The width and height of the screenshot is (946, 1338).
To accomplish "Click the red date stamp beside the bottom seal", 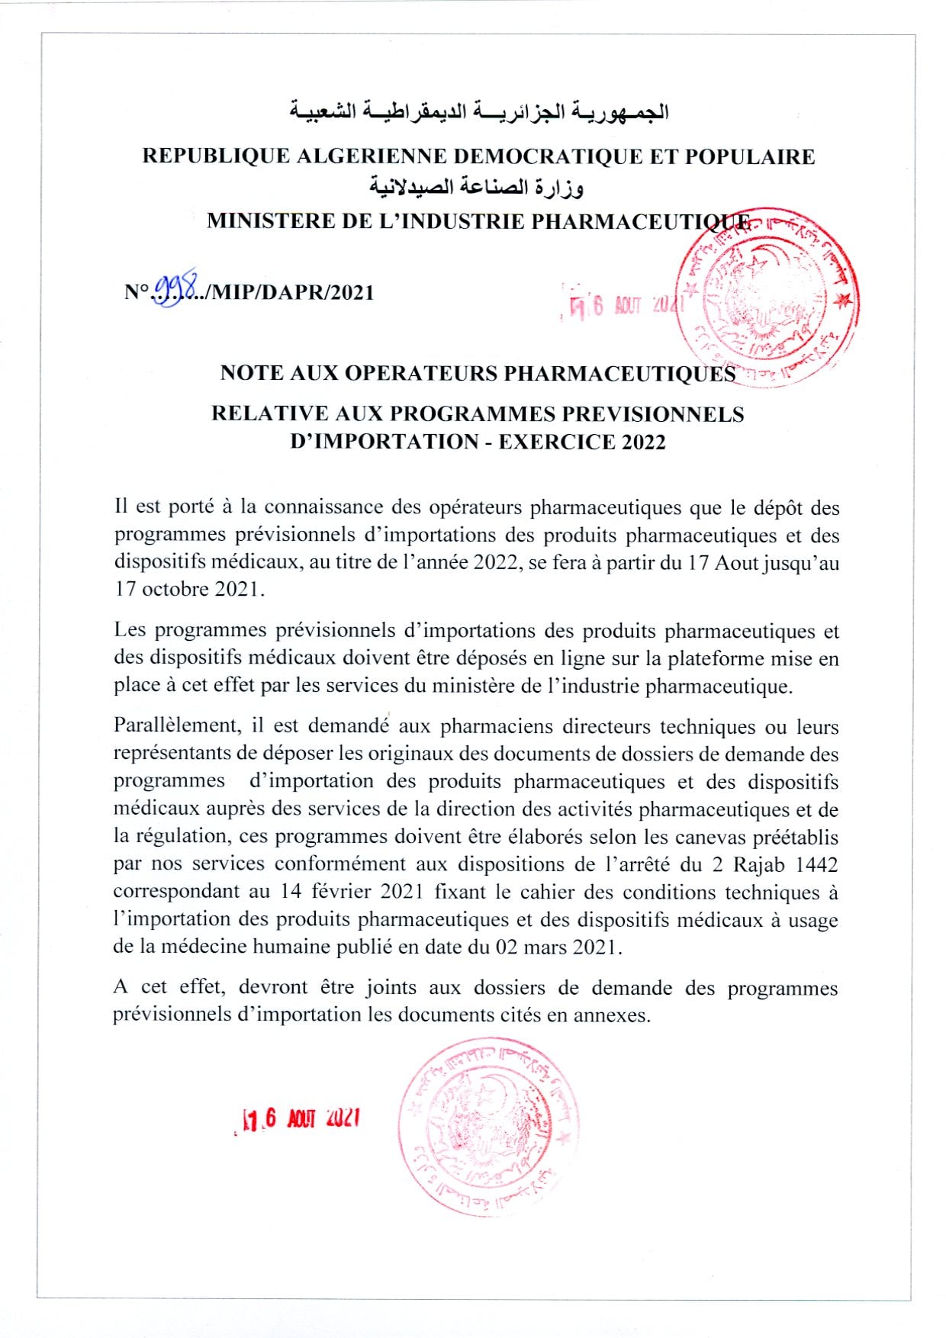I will click(300, 1119).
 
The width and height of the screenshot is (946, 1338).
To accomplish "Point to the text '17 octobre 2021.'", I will click(190, 589).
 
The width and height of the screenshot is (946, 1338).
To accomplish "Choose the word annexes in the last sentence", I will click(615, 1015).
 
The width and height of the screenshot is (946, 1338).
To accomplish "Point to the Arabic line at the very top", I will click(478, 112).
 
